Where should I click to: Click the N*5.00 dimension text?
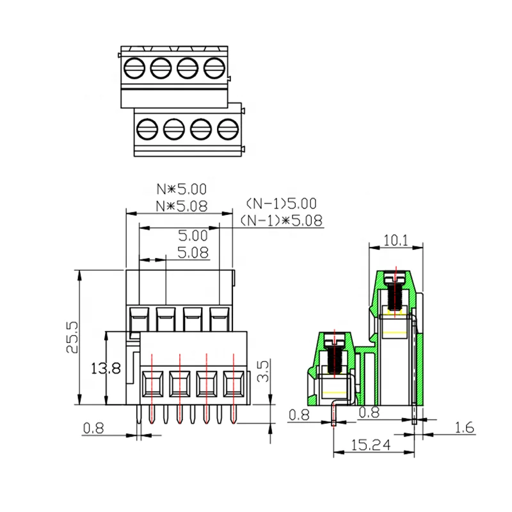pos(182,189)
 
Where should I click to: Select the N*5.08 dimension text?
pos(182,206)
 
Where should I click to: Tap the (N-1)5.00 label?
pos(281,204)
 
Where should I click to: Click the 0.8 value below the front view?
pos(93,428)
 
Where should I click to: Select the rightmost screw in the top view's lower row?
pos(227,130)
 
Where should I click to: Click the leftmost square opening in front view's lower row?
pos(152,385)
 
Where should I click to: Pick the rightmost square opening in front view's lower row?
pos(233,385)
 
